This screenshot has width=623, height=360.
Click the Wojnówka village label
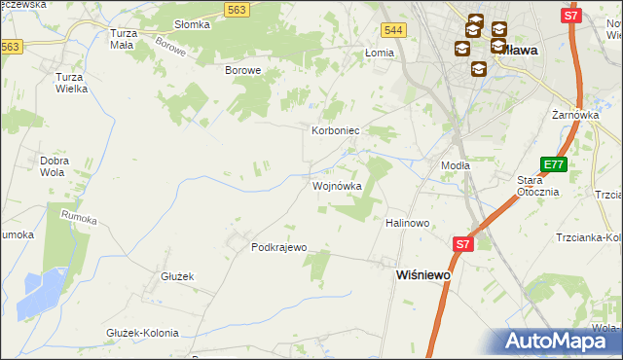[337, 186]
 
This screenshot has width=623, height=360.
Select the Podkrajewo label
[279, 247]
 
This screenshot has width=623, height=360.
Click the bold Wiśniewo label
[422, 275]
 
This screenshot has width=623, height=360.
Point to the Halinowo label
[408, 223]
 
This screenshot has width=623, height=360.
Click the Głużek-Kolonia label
[142, 333]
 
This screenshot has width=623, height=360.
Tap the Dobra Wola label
[53, 166]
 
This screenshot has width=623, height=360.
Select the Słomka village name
[192, 24]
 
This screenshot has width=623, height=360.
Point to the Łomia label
[379, 53]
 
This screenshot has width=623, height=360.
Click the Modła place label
[456, 165]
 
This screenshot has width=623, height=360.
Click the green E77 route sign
[553, 164]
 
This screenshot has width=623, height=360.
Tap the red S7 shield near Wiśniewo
[462, 245]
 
